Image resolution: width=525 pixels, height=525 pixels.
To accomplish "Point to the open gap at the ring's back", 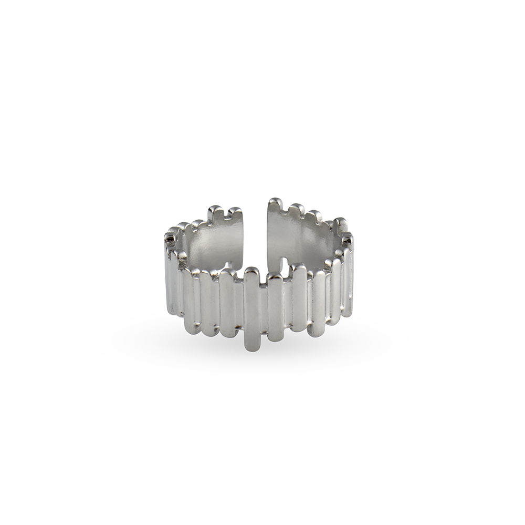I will coord(256,231).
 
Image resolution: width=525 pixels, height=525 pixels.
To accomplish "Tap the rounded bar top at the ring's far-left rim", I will coord(170,237).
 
